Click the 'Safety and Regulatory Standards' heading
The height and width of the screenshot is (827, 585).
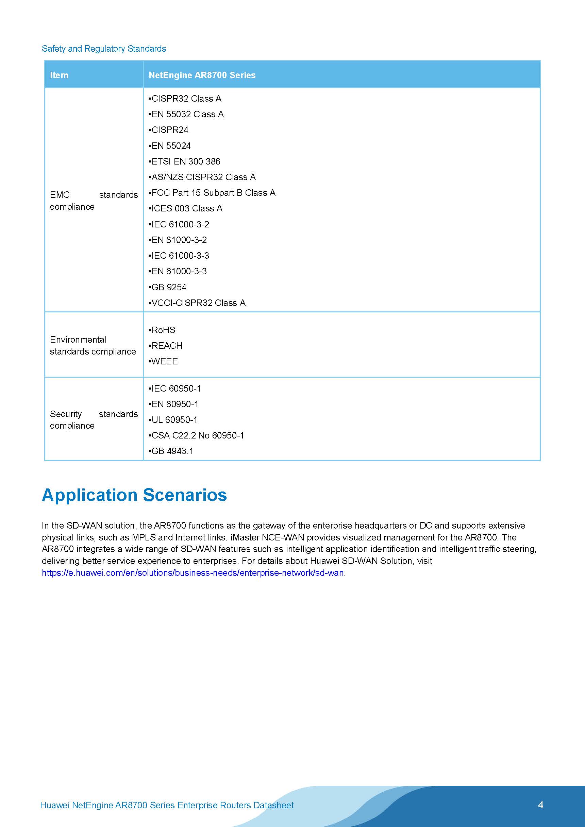pyautogui.click(x=104, y=49)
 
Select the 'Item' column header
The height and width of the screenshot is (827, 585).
pyautogui.click(x=59, y=75)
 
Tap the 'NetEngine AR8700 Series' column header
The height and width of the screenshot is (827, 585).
pyautogui.click(x=202, y=75)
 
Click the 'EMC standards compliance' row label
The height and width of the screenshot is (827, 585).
pyautogui.click(x=94, y=201)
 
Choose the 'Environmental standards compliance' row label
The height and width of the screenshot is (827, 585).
pyautogui.click(x=93, y=345)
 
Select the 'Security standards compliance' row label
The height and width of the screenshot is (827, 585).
pyautogui.click(x=94, y=420)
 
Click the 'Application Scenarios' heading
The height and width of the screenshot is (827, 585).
pyautogui.click(x=134, y=495)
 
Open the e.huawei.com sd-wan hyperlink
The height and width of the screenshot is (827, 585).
pyautogui.click(x=193, y=573)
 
